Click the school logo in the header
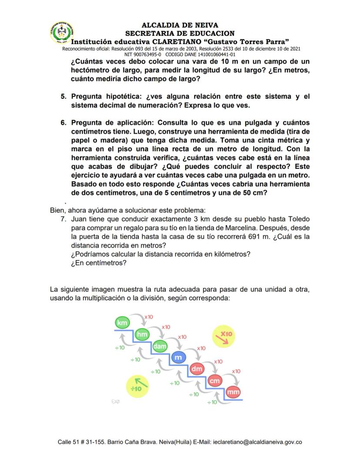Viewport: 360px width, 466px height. [62, 33]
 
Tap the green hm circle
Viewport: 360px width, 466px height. [142, 334]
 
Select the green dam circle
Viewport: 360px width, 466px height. [160, 346]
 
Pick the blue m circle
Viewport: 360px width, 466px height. [177, 358]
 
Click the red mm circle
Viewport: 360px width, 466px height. [233, 392]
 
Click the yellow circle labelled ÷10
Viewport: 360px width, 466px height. [137, 386]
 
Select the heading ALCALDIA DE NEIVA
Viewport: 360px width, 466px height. [180, 25]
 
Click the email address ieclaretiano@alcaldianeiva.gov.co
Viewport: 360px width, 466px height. [257, 442]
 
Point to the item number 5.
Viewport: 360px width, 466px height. [63, 96]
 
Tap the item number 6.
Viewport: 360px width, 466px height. [63, 123]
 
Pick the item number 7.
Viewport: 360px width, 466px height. [63, 220]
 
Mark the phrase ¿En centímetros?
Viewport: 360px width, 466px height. [99, 263]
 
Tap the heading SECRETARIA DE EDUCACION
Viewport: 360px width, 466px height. [180, 33]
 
